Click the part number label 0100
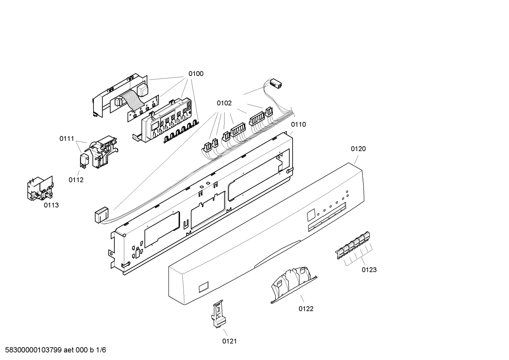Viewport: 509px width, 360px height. (x=196, y=74)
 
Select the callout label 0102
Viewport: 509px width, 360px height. (x=224, y=103)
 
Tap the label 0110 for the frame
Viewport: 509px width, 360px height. (x=298, y=124)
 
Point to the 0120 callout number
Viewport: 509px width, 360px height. (x=358, y=149)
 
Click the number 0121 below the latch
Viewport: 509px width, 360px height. (x=229, y=341)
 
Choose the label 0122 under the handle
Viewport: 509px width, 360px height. (x=306, y=309)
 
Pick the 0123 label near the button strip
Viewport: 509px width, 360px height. (x=369, y=270)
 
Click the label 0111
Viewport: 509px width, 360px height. (x=67, y=139)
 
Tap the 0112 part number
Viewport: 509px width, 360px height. (x=76, y=180)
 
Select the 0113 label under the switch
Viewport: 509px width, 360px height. (x=51, y=205)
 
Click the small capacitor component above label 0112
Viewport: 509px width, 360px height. (x=84, y=160)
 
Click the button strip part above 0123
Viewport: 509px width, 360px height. (x=353, y=245)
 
